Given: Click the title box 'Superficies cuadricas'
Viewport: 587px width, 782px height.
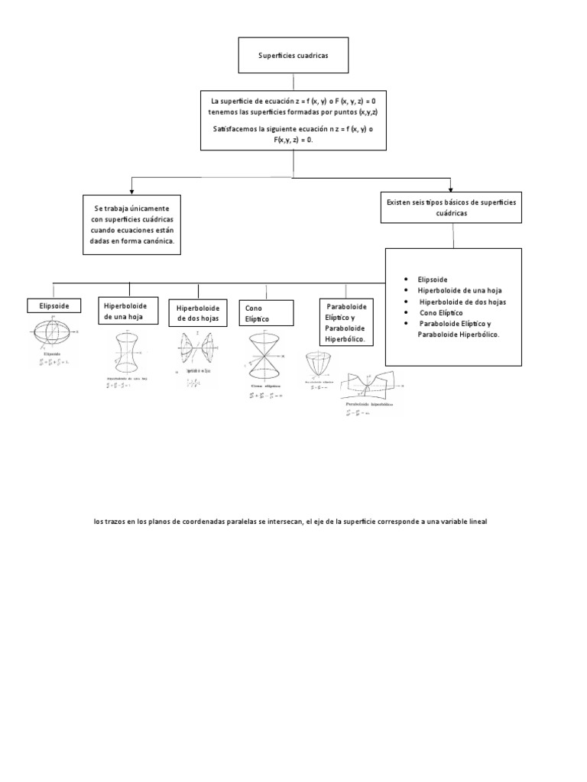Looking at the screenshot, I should [x=284, y=57].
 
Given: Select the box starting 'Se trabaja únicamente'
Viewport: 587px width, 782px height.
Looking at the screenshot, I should [x=132, y=225].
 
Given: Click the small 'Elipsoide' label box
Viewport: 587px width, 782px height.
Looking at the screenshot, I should [x=53, y=306].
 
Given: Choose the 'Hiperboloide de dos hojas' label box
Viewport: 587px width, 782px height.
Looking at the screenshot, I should [x=198, y=313].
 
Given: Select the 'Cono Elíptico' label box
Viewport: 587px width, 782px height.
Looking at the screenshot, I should [x=266, y=313].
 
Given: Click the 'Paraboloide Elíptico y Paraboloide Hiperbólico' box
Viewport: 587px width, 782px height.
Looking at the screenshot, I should [x=346, y=322].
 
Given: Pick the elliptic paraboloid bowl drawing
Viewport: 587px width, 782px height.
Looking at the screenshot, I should [x=320, y=364].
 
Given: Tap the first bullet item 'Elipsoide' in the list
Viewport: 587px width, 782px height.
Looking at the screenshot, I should [x=433, y=280].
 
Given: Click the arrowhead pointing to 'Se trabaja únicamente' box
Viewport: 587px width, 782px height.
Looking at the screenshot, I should [x=132, y=189].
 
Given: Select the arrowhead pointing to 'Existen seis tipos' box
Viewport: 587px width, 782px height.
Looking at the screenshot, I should [x=451, y=189].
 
